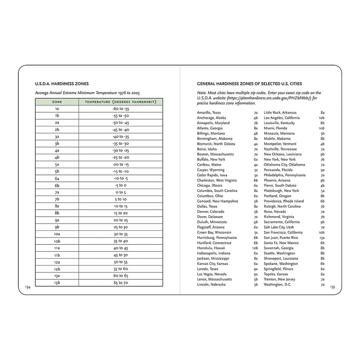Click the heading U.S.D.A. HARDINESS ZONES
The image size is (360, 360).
click(62, 84)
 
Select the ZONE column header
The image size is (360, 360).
click(57, 102)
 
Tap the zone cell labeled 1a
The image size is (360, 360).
click(57, 108)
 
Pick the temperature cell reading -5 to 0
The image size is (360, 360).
click(120, 185)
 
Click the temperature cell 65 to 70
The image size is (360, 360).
click(120, 283)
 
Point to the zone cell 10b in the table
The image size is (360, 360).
click(57, 241)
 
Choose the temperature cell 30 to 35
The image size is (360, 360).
click(120, 234)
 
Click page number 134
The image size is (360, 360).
click(28, 287)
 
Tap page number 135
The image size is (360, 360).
click(332, 287)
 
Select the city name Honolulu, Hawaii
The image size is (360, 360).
click(211, 248)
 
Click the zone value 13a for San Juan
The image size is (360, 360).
click(322, 238)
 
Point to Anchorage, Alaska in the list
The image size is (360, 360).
click(211, 118)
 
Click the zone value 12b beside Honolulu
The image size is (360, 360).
click(255, 248)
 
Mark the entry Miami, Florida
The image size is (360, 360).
click(275, 128)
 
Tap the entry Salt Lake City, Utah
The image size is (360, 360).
click(279, 227)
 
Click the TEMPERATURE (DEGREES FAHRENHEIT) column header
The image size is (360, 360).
click(120, 102)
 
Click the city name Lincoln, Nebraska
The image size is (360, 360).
click(211, 284)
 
